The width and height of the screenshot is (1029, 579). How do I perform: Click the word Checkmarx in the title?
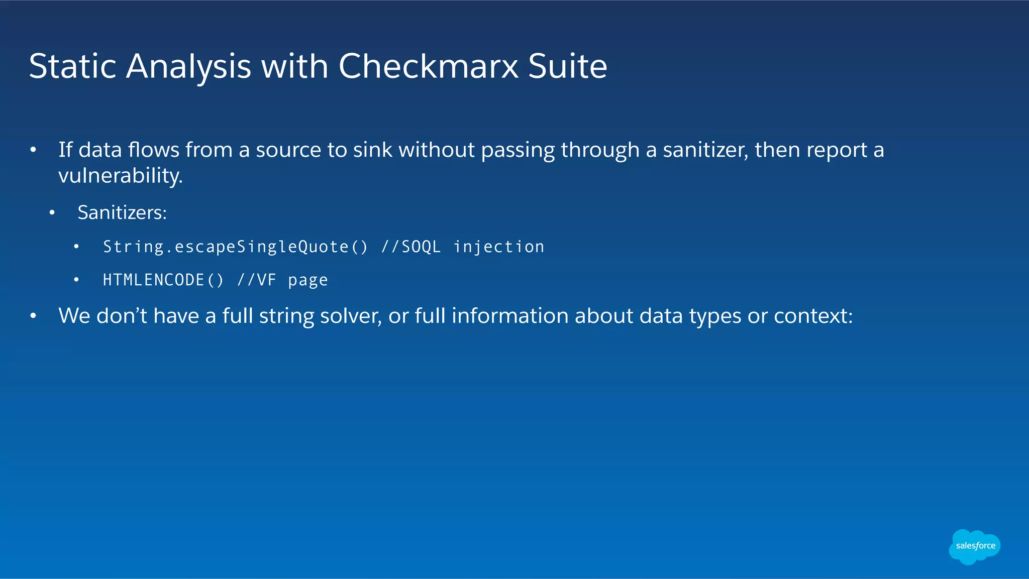pos(428,66)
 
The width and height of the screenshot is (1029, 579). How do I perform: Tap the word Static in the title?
pos(73,66)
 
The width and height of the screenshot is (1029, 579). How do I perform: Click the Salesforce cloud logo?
pos(975,546)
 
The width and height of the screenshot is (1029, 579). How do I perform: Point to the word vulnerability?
pos(121,176)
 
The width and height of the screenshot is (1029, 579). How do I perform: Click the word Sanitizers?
pos(122,213)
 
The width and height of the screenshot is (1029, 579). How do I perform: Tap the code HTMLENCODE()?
pos(163,280)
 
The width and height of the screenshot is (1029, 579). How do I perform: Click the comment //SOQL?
pos(411,247)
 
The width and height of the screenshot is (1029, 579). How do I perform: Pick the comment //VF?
pos(257,280)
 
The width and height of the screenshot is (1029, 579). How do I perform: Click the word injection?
pos(498,247)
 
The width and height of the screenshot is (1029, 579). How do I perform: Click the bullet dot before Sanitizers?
pos(52,213)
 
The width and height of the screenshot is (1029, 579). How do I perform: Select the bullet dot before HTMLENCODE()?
pos(76,280)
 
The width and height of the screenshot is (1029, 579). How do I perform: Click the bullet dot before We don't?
pos(33,316)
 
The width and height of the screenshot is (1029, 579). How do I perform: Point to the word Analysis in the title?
pos(188,66)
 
